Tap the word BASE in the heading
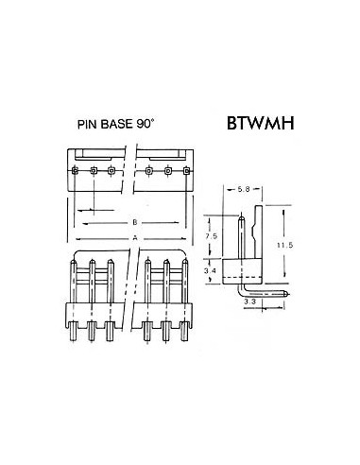124,124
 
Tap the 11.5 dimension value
298,245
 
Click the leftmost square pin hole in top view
76,171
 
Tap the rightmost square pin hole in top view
185,171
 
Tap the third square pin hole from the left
111,171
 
